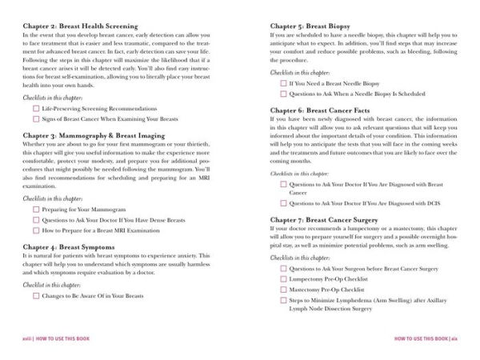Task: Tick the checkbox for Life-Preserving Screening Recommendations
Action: point(36,108)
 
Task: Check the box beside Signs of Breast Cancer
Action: point(36,119)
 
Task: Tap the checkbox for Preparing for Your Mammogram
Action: point(36,209)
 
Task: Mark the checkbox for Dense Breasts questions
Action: point(36,219)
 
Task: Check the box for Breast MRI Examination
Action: point(36,230)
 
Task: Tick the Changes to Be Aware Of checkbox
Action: point(36,295)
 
